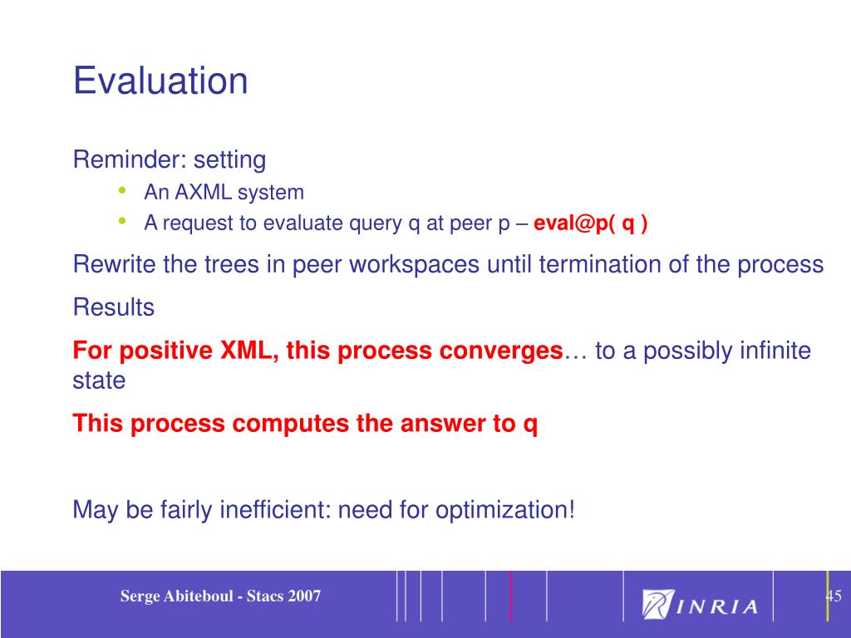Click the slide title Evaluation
point(160,81)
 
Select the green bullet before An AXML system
point(122,190)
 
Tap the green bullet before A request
point(122,221)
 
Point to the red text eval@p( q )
point(591,223)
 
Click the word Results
point(113,307)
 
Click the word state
point(100,380)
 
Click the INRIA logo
point(700,604)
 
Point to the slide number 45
point(834,596)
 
